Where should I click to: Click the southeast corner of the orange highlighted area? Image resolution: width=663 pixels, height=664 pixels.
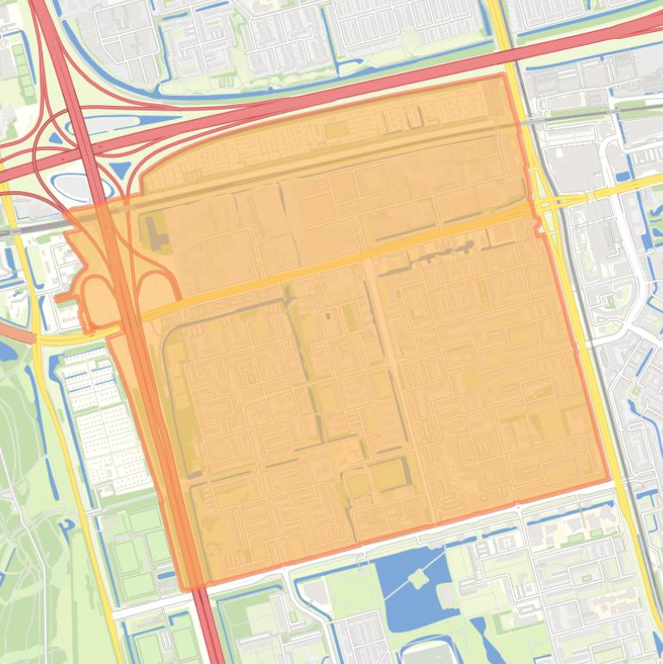(609, 481)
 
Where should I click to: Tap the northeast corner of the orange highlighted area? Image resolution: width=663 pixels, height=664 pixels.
(504, 76)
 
